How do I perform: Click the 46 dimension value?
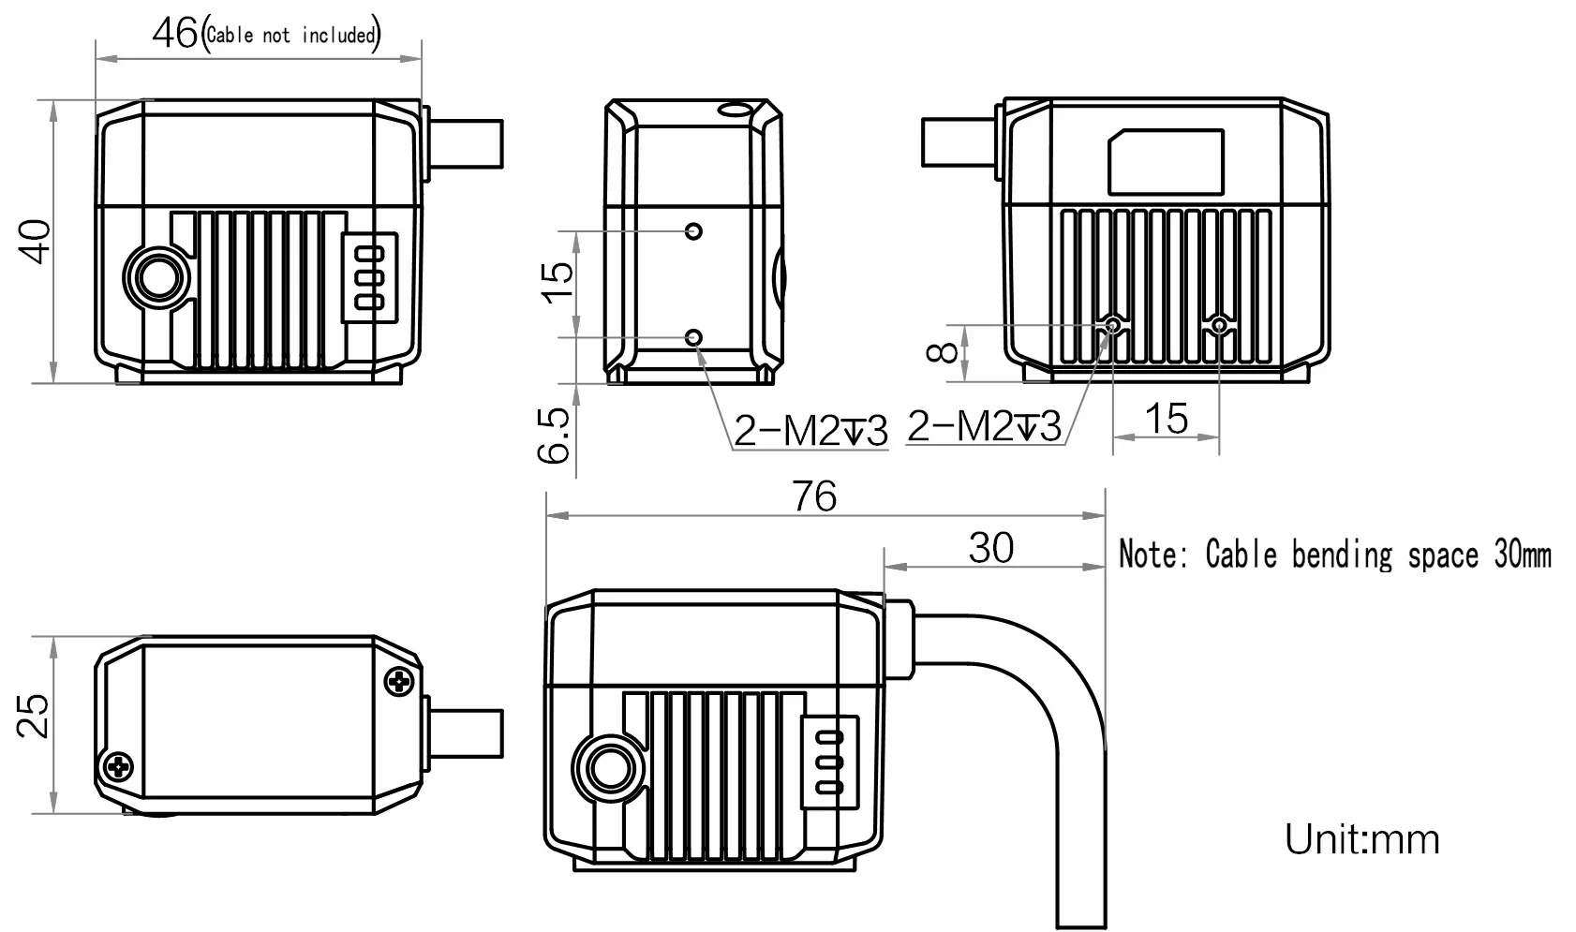point(174,34)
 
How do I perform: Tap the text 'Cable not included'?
point(290,36)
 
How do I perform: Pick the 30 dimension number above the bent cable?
point(990,548)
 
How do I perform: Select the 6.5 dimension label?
point(555,435)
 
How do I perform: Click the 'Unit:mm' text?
point(1361,838)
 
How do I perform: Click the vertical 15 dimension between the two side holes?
point(557,280)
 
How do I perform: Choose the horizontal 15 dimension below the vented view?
point(1167,419)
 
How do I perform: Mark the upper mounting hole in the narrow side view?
point(693,230)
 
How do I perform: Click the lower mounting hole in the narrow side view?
point(694,336)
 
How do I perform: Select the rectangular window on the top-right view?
point(1166,162)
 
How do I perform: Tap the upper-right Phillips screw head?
point(401,680)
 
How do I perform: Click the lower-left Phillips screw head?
point(119,767)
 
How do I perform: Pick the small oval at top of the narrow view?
point(733,110)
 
